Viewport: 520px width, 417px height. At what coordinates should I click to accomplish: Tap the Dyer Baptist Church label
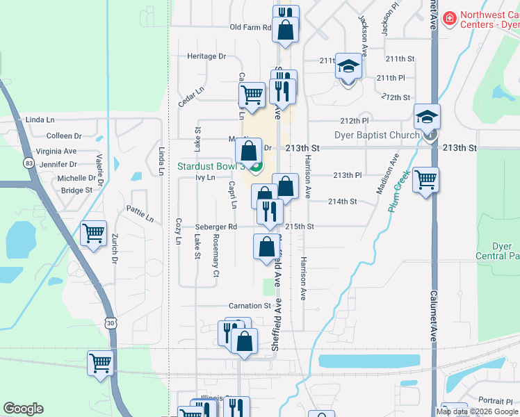tap(377, 136)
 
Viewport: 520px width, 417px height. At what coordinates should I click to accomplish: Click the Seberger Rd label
tap(216, 227)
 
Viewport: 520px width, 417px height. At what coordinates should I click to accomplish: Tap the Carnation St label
tap(250, 306)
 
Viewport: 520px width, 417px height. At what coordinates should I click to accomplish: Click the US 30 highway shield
tap(111, 322)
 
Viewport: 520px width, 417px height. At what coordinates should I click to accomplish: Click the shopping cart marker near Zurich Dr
tap(93, 233)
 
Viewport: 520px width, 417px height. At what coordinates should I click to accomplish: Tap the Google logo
tap(24, 409)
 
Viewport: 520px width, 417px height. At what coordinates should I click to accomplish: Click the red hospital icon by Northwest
tap(450, 17)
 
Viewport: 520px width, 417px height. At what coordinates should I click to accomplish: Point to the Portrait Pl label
tap(496, 400)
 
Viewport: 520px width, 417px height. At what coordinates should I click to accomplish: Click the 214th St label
tap(342, 202)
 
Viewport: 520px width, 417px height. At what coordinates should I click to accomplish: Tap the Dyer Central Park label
tap(502, 251)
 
